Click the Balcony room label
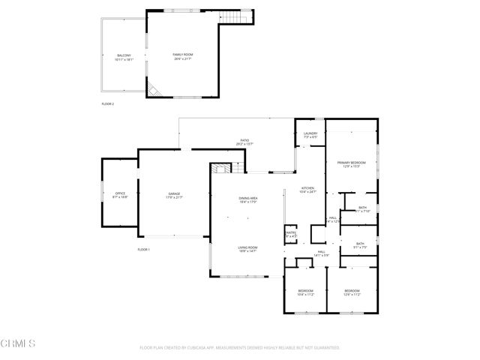click(124, 57)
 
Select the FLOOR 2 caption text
click(108, 103)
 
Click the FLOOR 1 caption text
click(144, 249)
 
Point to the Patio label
click(244, 142)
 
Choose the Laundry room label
click(310, 135)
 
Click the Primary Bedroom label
click(351, 164)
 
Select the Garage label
click(175, 196)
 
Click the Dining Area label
click(248, 199)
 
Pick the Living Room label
click(248, 249)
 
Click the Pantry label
click(291, 234)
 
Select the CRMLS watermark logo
click(18, 344)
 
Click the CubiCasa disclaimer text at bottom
click(240, 348)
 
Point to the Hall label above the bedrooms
click(321, 253)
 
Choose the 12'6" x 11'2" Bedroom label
click(352, 292)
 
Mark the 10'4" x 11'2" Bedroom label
click(305, 292)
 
